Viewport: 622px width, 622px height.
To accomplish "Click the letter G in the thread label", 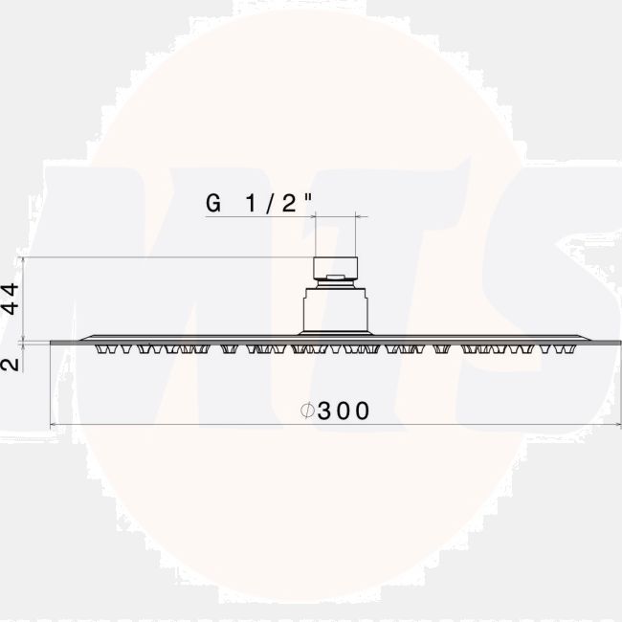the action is [213, 204].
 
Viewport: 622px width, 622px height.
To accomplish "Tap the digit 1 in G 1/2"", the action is [252, 204].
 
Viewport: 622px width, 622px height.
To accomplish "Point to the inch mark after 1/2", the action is [309, 197].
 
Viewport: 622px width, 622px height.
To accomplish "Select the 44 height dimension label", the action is [10, 299].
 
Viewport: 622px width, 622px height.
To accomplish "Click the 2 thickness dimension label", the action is [10, 365].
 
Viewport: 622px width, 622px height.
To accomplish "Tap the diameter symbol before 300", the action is [307, 411].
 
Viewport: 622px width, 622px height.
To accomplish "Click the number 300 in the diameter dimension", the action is [344, 411].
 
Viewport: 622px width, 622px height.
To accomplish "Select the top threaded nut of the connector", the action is [336, 268].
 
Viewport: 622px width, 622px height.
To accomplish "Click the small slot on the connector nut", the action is [336, 277].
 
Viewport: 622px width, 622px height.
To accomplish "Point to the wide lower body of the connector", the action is [336, 311].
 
